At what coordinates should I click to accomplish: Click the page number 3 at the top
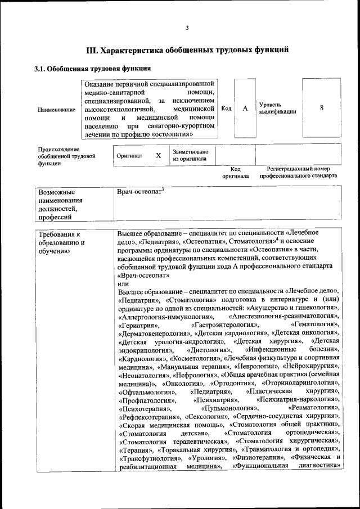point(187,28)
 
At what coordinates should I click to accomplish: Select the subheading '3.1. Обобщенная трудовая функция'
point(92,69)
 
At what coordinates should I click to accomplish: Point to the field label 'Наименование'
point(56,110)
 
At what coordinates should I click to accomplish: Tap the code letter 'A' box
point(245,109)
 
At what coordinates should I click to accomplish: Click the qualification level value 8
point(321,109)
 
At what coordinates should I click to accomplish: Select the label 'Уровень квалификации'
point(277,109)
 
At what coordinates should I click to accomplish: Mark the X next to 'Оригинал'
point(159,155)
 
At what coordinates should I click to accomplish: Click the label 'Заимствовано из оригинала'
point(191,155)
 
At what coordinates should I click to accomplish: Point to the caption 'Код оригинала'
point(236,172)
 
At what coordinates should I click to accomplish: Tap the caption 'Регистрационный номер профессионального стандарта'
point(298,172)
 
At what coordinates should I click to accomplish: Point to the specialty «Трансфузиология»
point(148,458)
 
